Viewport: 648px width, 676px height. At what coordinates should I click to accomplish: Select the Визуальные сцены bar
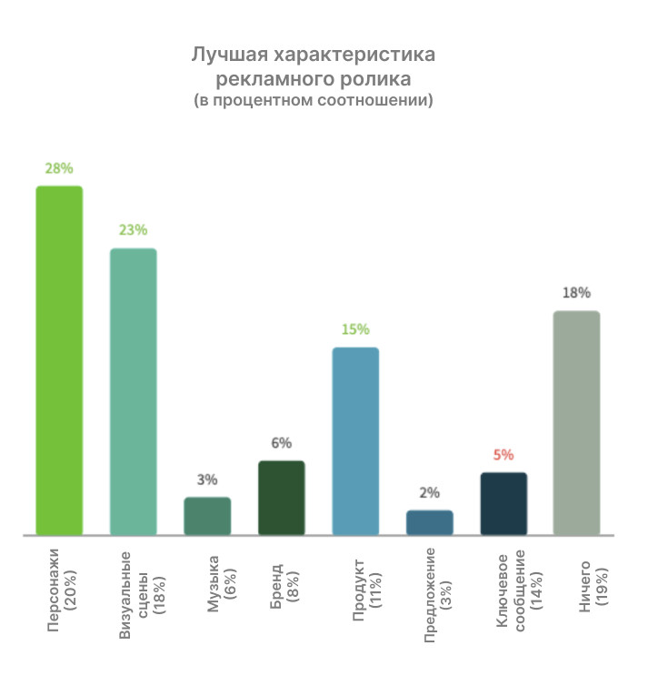pyautogui.click(x=134, y=391)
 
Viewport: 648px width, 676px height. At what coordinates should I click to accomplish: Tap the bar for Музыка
pyautogui.click(x=207, y=516)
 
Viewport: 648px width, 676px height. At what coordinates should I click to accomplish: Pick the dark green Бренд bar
pyautogui.click(x=282, y=498)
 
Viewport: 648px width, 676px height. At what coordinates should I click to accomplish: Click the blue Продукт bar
pyautogui.click(x=355, y=441)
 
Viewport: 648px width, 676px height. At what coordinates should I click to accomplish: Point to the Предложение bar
pyautogui.click(x=429, y=522)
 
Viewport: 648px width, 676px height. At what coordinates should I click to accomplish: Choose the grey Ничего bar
pyautogui.click(x=577, y=423)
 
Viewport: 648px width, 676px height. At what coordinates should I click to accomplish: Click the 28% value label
pyautogui.click(x=59, y=168)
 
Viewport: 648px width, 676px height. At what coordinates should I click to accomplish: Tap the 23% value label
pyautogui.click(x=133, y=230)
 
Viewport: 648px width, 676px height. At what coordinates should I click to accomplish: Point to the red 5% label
pyautogui.click(x=503, y=454)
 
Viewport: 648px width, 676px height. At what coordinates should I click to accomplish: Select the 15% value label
pyautogui.click(x=355, y=329)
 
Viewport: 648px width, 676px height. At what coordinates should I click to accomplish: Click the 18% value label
pyautogui.click(x=577, y=293)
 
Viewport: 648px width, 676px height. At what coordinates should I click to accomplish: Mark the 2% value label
pyautogui.click(x=429, y=493)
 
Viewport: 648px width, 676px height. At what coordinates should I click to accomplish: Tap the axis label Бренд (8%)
pyautogui.click(x=282, y=582)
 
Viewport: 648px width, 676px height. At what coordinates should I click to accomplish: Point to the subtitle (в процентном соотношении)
pyautogui.click(x=314, y=100)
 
